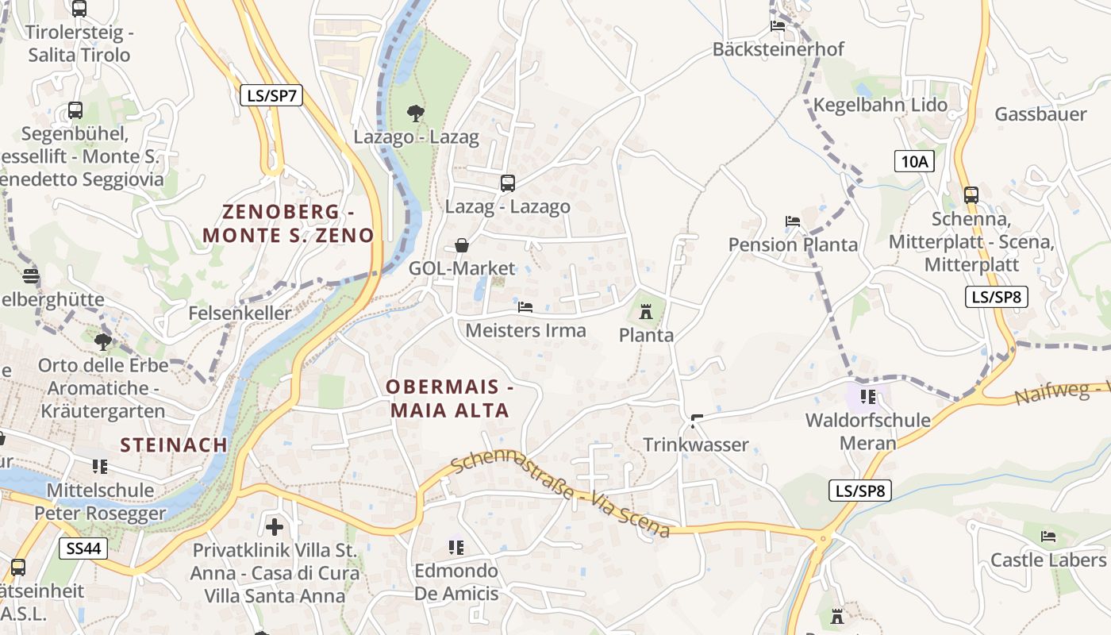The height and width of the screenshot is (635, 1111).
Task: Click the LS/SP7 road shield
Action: [271, 95]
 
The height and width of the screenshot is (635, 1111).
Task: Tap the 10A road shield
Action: [914, 161]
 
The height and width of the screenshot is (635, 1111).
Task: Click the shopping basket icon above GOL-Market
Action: [462, 245]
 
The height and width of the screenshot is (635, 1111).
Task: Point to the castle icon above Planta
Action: [646, 312]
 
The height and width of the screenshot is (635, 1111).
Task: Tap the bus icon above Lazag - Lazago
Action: [508, 183]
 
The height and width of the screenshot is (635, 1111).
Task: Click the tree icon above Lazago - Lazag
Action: [415, 114]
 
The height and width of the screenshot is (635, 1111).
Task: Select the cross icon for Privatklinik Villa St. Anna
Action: [275, 526]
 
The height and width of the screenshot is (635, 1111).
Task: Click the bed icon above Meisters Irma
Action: [525, 306]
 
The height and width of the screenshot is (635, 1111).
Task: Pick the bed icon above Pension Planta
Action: [793, 221]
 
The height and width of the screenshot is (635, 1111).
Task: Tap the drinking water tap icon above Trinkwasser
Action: [697, 421]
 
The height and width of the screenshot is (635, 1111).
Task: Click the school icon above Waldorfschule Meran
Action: [867, 396]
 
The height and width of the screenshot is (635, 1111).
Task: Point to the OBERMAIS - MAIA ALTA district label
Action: [449, 399]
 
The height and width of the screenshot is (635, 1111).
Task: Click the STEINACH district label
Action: [174, 444]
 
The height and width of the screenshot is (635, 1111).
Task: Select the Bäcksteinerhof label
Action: [778, 48]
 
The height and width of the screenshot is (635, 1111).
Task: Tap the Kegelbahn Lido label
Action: [880, 105]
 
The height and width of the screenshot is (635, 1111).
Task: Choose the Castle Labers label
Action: [1048, 560]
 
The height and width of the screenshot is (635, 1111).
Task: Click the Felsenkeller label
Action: [240, 314]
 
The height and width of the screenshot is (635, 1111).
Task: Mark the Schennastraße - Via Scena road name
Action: [560, 495]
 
